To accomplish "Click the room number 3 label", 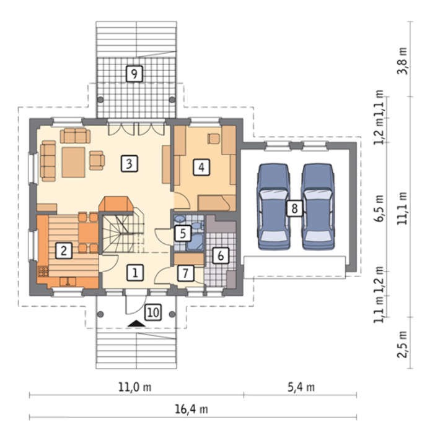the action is coord(130,164).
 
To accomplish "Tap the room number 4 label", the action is coord(201,167).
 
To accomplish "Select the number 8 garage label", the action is coord(294,208).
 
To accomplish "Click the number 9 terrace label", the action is coord(134,74).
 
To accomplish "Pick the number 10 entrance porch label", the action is coord(153,312).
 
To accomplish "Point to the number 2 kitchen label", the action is coord(64,251).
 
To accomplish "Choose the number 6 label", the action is coord(221,255).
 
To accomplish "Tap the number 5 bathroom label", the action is coord(183,234).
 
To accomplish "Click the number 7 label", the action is coord(185,273).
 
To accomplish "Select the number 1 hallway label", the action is coord(135,273).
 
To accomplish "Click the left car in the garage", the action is coord(274,207).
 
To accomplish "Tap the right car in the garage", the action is coord(317,207).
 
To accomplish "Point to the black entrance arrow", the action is coord(136,324).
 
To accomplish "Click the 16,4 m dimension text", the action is coord(191,409).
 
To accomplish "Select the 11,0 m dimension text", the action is coord(134,387).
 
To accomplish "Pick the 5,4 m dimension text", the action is coord(301,387).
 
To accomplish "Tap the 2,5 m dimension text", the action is coord(402,344).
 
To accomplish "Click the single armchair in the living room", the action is coord(97,160).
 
